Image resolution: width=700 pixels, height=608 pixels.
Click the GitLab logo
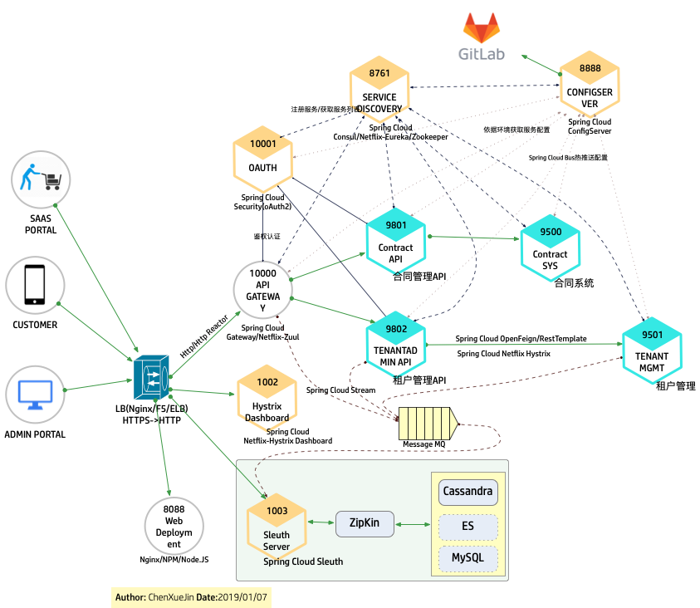point(482,35)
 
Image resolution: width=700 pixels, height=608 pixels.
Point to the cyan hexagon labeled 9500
point(551,241)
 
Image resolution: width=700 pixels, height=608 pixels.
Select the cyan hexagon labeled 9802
point(396,345)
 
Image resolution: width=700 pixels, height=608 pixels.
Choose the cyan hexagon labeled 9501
point(653,350)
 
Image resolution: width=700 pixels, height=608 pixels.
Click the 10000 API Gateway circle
point(262,289)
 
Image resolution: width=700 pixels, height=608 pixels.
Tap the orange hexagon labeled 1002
point(267,398)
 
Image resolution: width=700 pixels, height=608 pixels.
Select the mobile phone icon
point(35,285)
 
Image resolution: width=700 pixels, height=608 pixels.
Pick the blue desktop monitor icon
point(35,393)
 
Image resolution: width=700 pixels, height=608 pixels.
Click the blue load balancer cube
point(150,378)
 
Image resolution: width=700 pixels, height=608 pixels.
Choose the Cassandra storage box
point(467,491)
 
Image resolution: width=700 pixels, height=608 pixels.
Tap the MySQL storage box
point(467,557)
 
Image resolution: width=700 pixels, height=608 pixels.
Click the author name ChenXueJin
point(171,597)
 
